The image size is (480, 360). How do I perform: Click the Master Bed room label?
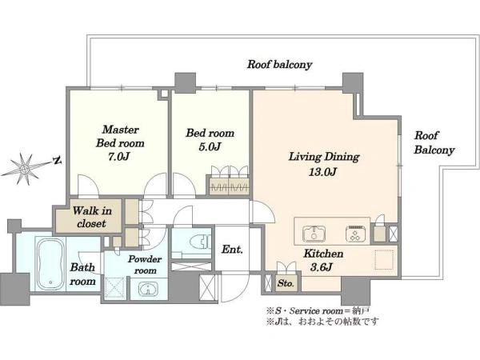click(x=120, y=136)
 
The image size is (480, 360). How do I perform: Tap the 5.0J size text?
click(x=210, y=147)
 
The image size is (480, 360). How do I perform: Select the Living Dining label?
click(x=324, y=157)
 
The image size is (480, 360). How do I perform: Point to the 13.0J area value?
click(x=322, y=172)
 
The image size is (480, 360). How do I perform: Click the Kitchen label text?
click(x=323, y=254)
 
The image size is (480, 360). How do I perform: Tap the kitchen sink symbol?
click(x=314, y=234)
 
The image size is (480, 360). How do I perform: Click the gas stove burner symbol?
click(x=356, y=234)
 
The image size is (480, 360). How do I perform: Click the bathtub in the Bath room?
click(x=50, y=264)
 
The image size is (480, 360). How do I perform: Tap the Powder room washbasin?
click(x=148, y=289)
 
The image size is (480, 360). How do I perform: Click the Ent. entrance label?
click(x=232, y=250)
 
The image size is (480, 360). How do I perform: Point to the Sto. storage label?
click(x=286, y=284)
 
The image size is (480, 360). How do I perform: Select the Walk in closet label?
click(x=92, y=217)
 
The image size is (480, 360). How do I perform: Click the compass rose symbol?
click(x=25, y=169)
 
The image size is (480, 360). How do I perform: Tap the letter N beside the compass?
click(x=57, y=160)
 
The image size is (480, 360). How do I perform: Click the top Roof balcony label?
click(x=279, y=65)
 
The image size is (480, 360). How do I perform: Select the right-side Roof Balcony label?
click(x=434, y=142)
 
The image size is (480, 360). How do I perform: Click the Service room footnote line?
click(x=318, y=311)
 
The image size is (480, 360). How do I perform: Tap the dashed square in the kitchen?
click(x=384, y=259)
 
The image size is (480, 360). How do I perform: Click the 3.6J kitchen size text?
click(x=321, y=267)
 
